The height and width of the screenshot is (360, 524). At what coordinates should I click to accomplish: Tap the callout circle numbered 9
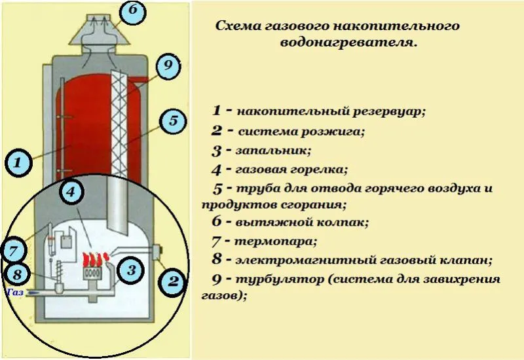pyautogui.click(x=168, y=66)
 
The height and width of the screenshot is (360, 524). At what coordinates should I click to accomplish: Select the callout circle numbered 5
pyautogui.click(x=173, y=121)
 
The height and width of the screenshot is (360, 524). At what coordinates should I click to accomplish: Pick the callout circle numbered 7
pyautogui.click(x=14, y=250)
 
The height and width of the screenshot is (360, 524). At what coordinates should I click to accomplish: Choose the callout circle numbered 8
pyautogui.click(x=18, y=274)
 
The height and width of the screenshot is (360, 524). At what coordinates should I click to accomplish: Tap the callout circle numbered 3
pyautogui.click(x=131, y=269)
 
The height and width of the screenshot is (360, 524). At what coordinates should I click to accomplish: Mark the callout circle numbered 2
pyautogui.click(x=173, y=282)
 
